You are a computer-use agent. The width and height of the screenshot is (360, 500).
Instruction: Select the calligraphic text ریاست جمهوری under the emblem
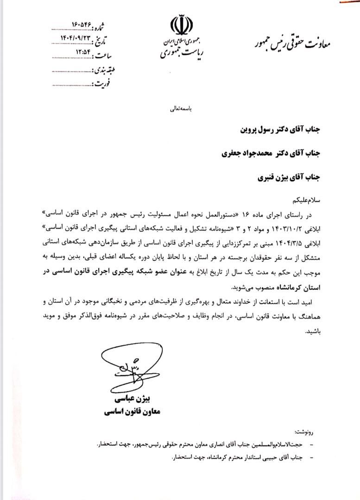(181, 55)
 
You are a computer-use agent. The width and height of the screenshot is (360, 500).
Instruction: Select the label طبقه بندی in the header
(108, 70)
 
